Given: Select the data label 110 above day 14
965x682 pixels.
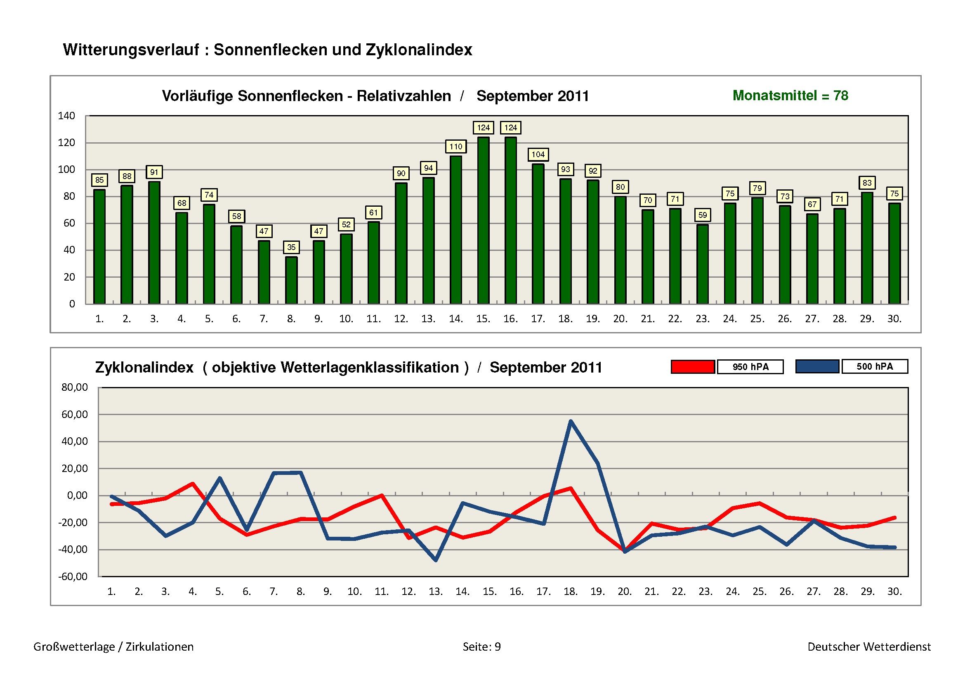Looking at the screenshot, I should pyautogui.click(x=455, y=146).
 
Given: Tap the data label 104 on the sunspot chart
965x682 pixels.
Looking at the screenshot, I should pyautogui.click(x=538, y=154).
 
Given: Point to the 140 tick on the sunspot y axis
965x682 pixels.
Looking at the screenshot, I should pyautogui.click(x=66, y=116).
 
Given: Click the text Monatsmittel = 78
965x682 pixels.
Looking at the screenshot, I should pyautogui.click(x=790, y=95).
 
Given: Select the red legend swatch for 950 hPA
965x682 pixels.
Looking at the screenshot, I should pyautogui.click(x=693, y=366).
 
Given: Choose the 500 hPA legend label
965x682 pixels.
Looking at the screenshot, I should pyautogui.click(x=875, y=366).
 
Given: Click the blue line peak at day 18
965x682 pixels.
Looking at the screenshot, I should pyautogui.click(x=570, y=421).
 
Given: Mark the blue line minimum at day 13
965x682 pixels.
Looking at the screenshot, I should pyautogui.click(x=436, y=560).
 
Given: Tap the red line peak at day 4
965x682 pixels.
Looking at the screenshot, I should pyautogui.click(x=193, y=484).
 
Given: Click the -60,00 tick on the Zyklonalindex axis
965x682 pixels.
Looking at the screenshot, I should pyautogui.click(x=73, y=576).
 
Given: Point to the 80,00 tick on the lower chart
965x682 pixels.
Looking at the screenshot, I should pyautogui.click(x=74, y=387).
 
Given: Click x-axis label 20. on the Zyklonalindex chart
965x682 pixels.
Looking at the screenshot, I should pyautogui.click(x=625, y=592).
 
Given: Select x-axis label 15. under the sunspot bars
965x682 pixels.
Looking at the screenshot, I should pyautogui.click(x=483, y=319).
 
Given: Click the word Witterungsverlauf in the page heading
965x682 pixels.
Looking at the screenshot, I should pyautogui.click(x=131, y=50).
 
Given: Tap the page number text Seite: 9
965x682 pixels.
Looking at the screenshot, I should pyautogui.click(x=481, y=647).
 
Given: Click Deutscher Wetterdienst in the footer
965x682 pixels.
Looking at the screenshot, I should pyautogui.click(x=869, y=647).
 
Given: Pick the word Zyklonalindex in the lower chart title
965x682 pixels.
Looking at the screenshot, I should pyautogui.click(x=144, y=367).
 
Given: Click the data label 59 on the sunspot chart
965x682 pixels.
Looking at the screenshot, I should pyautogui.click(x=702, y=215).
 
